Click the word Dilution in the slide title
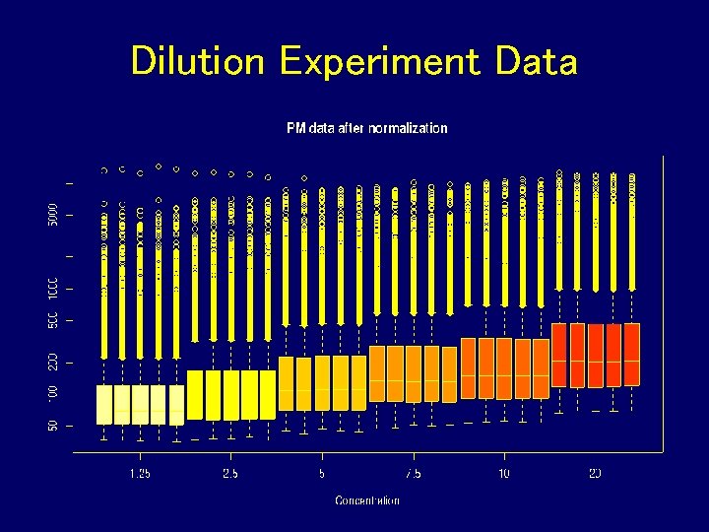[198, 61]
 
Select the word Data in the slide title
[537, 61]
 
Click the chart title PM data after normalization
[366, 128]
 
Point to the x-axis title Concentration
[367, 500]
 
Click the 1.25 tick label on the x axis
[140, 473]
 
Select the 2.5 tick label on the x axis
[230, 473]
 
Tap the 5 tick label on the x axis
[322, 473]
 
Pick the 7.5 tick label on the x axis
[413, 473]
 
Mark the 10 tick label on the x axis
[504, 473]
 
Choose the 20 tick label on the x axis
[595, 473]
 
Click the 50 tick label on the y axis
[54, 426]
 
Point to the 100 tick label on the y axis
[54, 392]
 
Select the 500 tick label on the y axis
[54, 320]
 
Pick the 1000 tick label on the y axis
[54, 289]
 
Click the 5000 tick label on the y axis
[54, 214]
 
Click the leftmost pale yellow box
[104, 404]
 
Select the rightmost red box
[631, 354]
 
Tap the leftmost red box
[559, 354]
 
